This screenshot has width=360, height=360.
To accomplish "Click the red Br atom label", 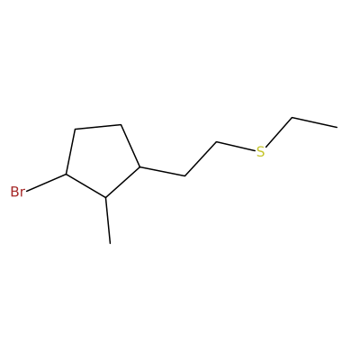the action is click(x=17, y=192).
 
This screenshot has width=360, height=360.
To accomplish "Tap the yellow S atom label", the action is click(x=261, y=152).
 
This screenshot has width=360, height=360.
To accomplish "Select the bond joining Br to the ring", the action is click(x=47, y=183).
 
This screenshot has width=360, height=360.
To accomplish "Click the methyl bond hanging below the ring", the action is click(x=108, y=220).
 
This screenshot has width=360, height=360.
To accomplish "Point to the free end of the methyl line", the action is click(x=110, y=244).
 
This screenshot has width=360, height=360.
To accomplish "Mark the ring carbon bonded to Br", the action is click(x=67, y=175).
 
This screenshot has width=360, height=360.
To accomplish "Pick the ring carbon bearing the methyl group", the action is click(x=105, y=197).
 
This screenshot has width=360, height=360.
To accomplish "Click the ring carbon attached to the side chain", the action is click(x=139, y=166).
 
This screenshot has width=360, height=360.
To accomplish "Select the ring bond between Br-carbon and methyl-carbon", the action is click(x=85, y=186).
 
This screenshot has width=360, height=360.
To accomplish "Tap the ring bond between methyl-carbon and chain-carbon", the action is click(x=122, y=182).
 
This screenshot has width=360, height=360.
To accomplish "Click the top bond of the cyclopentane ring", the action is click(x=98, y=127).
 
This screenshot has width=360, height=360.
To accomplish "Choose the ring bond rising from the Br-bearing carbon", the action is click(x=70, y=152).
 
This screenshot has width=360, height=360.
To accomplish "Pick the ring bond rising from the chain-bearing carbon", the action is click(x=130, y=146).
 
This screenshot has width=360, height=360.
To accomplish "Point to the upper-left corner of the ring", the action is click(x=75, y=130).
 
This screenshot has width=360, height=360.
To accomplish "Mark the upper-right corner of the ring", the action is click(x=121, y=124).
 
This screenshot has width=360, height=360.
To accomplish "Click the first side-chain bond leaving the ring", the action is click(x=162, y=171).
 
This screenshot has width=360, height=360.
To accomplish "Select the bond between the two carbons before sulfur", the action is click(x=201, y=159).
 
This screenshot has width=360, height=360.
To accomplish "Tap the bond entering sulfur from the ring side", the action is click(x=236, y=147).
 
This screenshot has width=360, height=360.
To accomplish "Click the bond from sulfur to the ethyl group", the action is click(x=279, y=132).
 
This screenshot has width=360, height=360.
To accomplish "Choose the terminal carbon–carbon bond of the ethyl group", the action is click(x=315, y=122).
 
